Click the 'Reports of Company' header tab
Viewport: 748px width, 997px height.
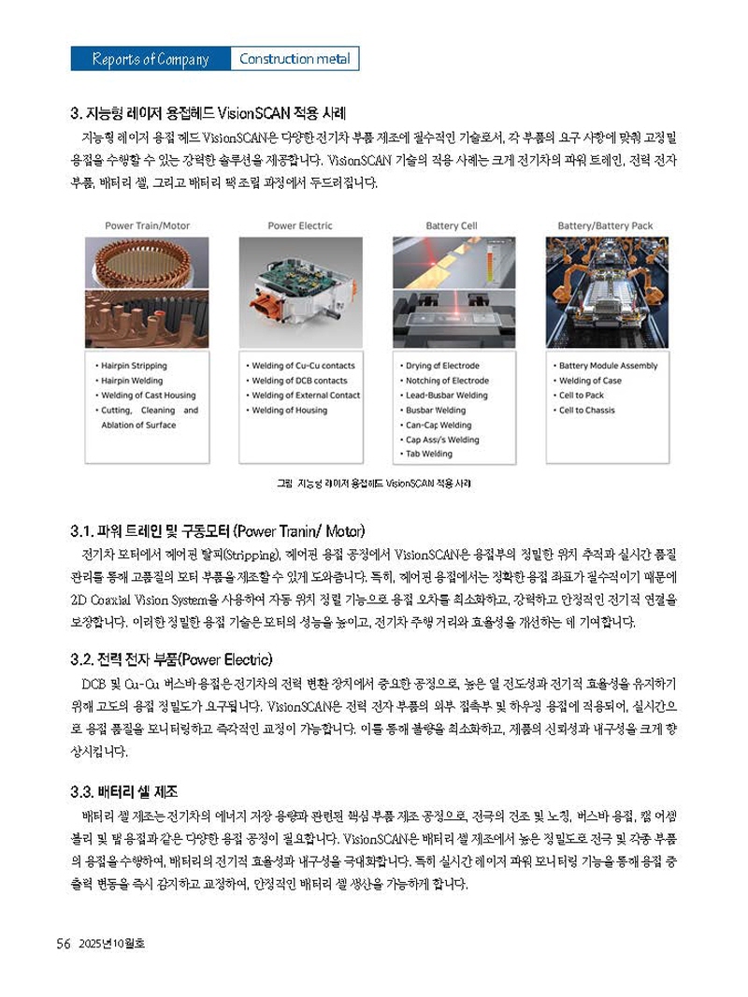(151, 59)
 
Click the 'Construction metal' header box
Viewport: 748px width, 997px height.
(295, 59)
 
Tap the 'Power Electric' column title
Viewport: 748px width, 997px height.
(299, 225)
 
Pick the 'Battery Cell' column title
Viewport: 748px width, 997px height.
(452, 225)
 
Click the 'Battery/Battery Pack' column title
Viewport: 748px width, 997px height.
(605, 225)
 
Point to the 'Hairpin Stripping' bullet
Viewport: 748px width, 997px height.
(137, 366)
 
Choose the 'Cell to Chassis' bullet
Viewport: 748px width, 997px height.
(586, 410)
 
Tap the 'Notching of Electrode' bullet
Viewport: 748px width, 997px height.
(445, 381)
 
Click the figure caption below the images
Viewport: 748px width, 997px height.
(373, 484)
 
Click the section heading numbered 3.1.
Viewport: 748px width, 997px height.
(217, 531)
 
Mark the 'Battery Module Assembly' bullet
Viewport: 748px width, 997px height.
(607, 366)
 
